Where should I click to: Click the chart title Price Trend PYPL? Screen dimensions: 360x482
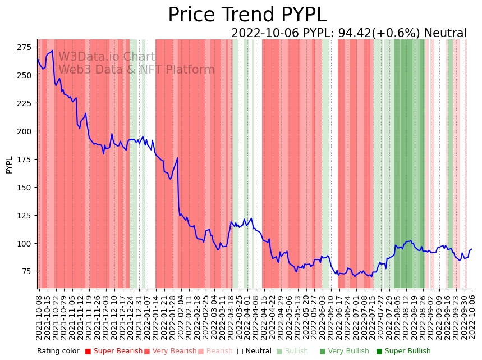(247, 15)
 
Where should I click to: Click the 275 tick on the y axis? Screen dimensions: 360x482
(25, 47)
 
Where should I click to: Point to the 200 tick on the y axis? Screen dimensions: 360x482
(25, 131)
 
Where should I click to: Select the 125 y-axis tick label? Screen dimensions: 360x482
(25, 216)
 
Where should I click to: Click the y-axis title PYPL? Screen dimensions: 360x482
(9, 165)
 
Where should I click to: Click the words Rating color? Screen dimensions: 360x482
(58, 352)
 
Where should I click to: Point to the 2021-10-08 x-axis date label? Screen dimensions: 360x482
(39, 317)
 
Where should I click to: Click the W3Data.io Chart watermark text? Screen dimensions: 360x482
(107, 57)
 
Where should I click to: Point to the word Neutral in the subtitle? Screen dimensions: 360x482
(445, 34)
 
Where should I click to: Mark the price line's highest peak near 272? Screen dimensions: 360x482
(52, 51)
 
